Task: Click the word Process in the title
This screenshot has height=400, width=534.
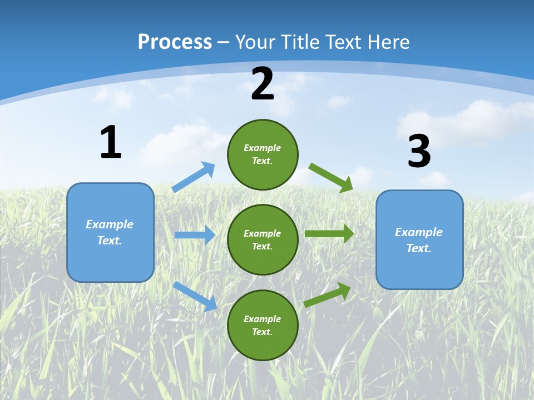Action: click(x=175, y=42)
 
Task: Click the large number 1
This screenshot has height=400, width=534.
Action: click(x=111, y=142)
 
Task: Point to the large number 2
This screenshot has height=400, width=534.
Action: click(x=263, y=84)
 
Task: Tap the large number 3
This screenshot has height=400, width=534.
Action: click(x=419, y=152)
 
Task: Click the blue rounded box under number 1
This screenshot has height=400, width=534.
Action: click(x=110, y=232)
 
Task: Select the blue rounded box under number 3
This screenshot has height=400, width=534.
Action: click(x=419, y=240)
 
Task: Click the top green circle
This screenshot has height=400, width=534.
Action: click(x=263, y=154)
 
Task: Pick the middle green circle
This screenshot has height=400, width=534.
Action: click(x=263, y=239)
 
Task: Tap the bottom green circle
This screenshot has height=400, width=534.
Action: click(x=263, y=325)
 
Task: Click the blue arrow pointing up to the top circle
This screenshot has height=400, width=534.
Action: click(x=194, y=177)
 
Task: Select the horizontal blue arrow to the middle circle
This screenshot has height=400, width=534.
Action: click(x=195, y=235)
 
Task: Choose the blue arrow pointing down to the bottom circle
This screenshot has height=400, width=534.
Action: click(x=195, y=296)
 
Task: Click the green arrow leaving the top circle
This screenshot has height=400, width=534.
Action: click(x=331, y=177)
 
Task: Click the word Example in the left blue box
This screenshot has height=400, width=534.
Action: click(x=110, y=224)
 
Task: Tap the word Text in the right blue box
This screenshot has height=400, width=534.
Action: click(x=418, y=248)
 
